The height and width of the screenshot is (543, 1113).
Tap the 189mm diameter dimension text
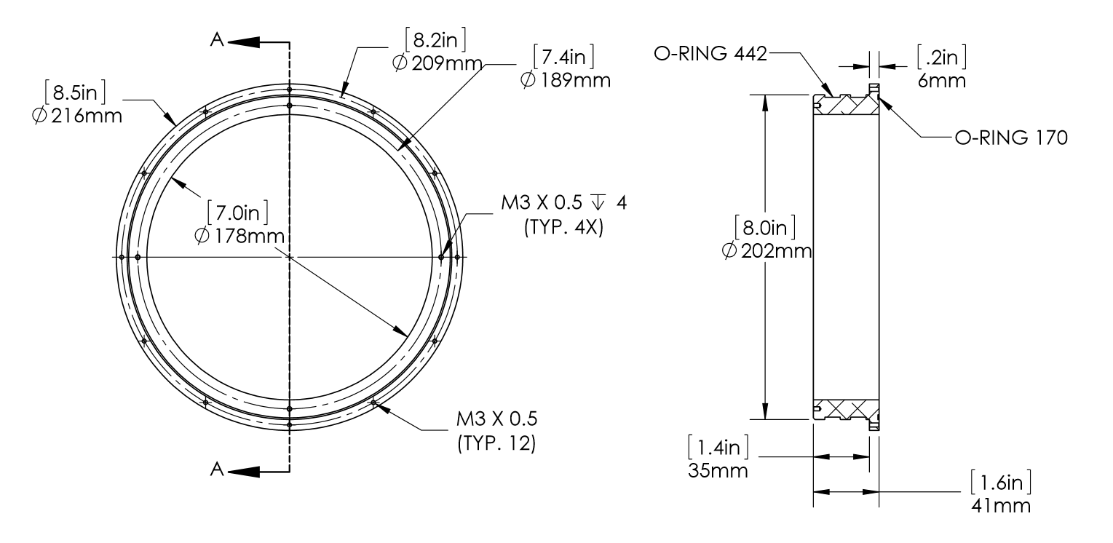point(566,80)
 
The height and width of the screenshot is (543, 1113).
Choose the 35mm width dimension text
point(718,470)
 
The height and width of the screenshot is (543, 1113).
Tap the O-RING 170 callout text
point(1010,138)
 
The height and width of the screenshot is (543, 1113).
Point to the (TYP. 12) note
point(496,443)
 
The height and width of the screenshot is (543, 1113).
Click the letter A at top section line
point(216,41)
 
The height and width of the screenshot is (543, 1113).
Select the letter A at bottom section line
point(216,470)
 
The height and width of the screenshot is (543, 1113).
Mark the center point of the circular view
point(290,257)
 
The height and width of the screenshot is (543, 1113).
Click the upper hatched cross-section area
point(844,106)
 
